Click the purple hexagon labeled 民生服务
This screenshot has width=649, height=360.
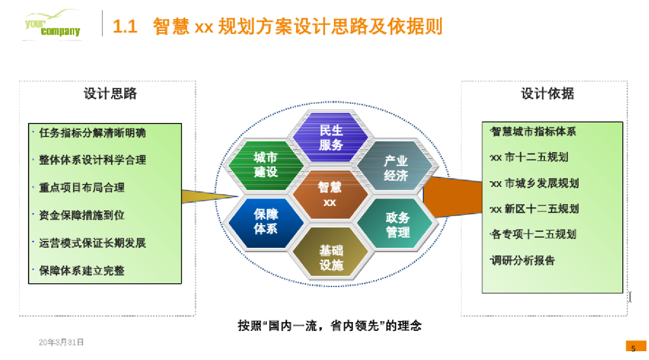click(331, 138)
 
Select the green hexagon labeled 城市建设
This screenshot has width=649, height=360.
click(266, 165)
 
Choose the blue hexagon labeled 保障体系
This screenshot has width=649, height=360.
click(266, 221)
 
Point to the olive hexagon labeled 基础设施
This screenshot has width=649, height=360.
click(331, 257)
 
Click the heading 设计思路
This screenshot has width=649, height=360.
click(110, 94)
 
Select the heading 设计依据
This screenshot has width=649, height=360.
click(548, 94)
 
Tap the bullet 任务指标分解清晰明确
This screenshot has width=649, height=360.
click(92, 133)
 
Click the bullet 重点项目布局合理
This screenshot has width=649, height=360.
click(81, 188)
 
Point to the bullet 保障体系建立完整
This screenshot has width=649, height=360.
click(81, 271)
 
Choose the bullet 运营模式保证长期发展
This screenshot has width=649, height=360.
click(92, 243)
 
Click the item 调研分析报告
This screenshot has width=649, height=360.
click(522, 260)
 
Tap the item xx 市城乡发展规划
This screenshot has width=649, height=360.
click(534, 183)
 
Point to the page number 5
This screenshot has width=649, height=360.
click(633, 348)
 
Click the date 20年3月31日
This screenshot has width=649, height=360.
click(61, 342)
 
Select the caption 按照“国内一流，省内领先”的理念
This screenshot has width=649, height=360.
click(330, 326)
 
